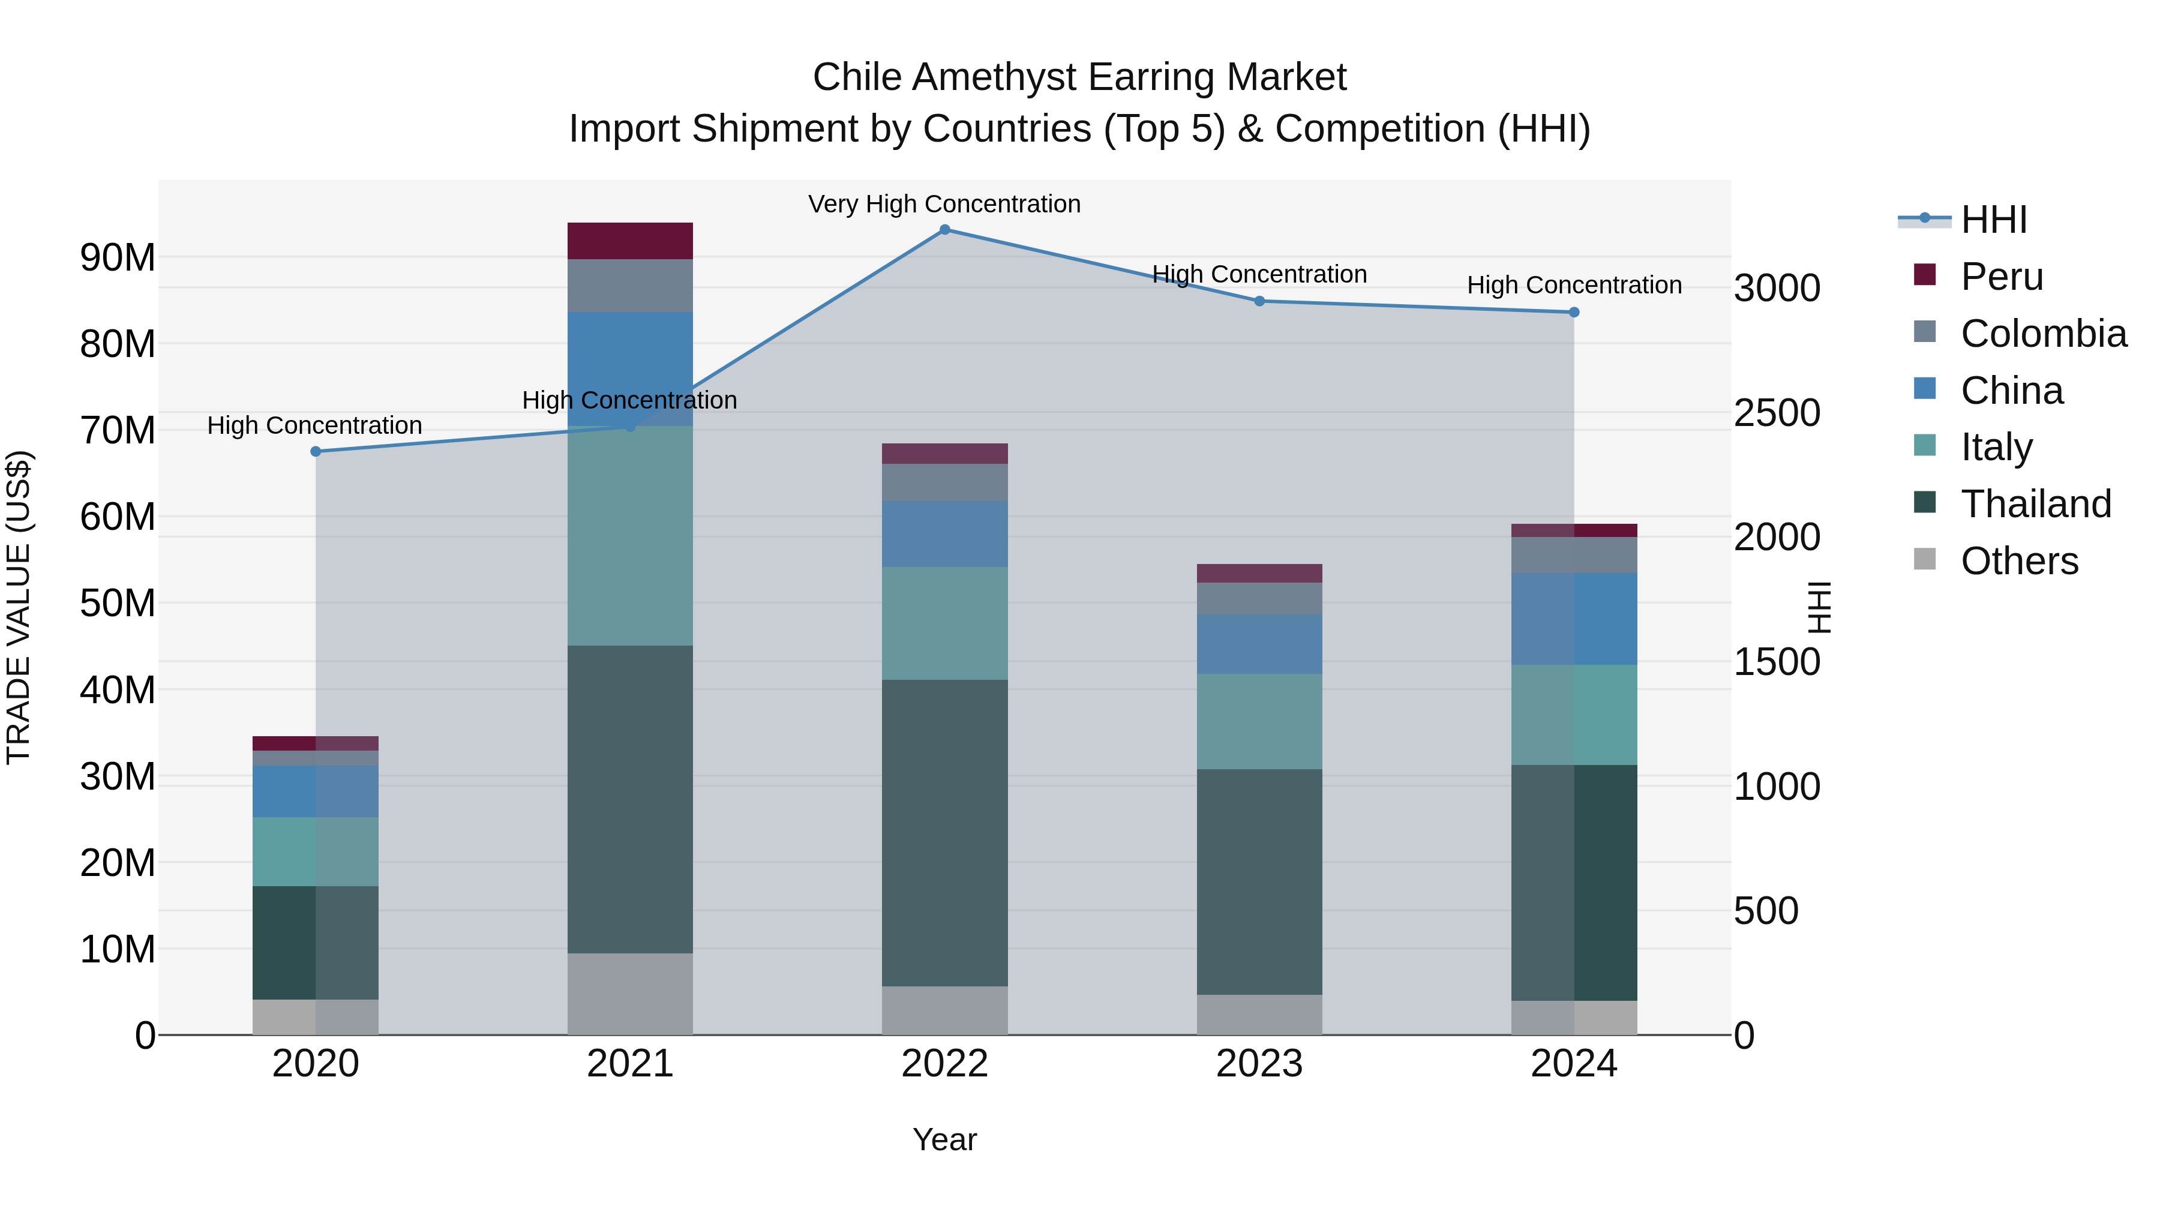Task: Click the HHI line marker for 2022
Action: coord(944,230)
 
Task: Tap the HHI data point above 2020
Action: coord(315,451)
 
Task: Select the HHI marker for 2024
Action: coord(1574,312)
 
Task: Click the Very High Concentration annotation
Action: coord(944,204)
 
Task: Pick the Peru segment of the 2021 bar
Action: coord(630,241)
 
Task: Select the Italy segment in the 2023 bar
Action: coord(1259,721)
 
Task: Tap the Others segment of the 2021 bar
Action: coord(630,994)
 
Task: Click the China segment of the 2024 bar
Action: coord(1574,619)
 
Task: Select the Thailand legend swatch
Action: coord(1925,503)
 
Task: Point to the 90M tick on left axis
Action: coord(118,257)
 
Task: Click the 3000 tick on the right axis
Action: coord(1777,289)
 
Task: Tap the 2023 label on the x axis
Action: coord(1259,1064)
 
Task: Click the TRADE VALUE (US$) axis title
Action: coord(19,607)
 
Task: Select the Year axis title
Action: coord(944,1139)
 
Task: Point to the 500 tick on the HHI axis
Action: coord(1766,911)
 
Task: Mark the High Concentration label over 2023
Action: coord(1259,274)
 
